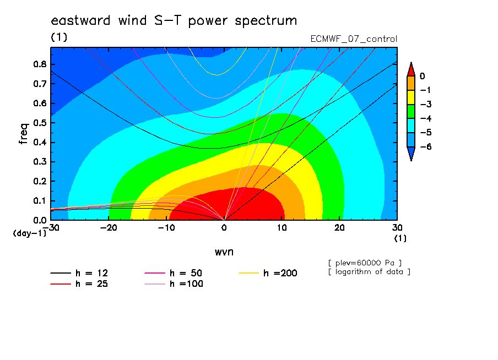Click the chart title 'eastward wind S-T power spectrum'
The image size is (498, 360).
coord(174,21)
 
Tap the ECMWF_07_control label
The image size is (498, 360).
coord(354,39)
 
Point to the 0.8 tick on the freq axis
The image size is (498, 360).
coord(40,64)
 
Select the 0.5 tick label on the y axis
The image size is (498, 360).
coord(40,123)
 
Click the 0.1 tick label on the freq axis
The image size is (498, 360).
coord(40,201)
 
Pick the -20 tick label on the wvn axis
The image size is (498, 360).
coord(109,228)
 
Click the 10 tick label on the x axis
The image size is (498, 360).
coord(282,228)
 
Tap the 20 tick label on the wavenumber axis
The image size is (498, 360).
coord(339,228)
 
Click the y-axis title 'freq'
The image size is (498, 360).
coord(24,134)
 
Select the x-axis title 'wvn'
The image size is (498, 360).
coord(224,252)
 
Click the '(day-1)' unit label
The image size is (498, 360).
coord(30,233)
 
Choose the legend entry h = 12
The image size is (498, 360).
coord(79,273)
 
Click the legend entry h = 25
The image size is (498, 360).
coord(79,284)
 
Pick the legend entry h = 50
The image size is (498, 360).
coord(174,273)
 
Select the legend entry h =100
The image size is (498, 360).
coord(174,284)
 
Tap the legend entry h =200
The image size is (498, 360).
coord(268,273)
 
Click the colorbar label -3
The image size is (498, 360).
coord(426,105)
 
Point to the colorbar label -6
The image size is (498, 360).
coord(426,146)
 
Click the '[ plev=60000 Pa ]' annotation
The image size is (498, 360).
coord(365,263)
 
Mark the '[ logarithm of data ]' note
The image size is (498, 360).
coord(370,272)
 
